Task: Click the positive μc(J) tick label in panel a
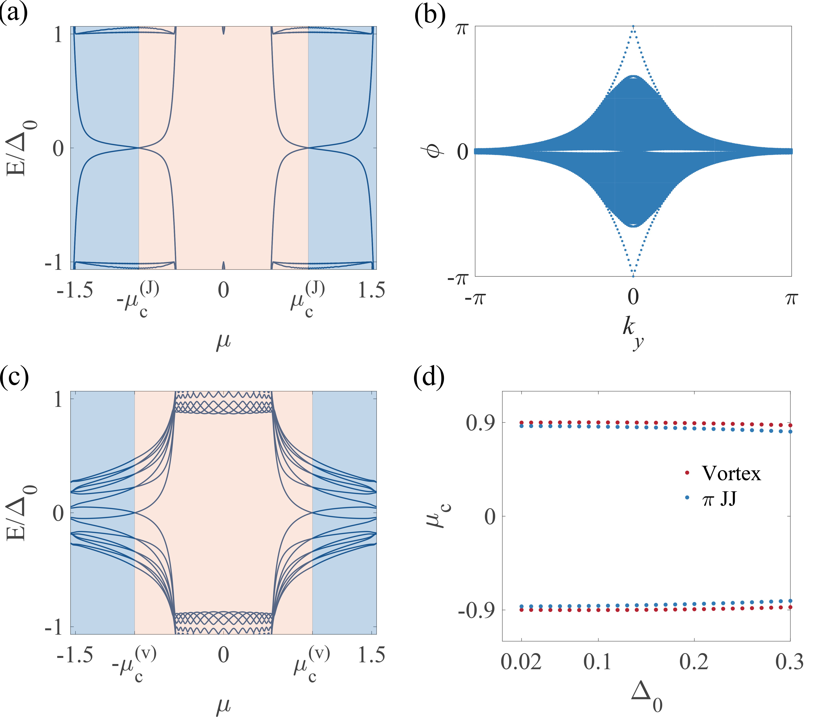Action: (x=308, y=299)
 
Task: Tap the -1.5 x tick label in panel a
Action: (x=75, y=290)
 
